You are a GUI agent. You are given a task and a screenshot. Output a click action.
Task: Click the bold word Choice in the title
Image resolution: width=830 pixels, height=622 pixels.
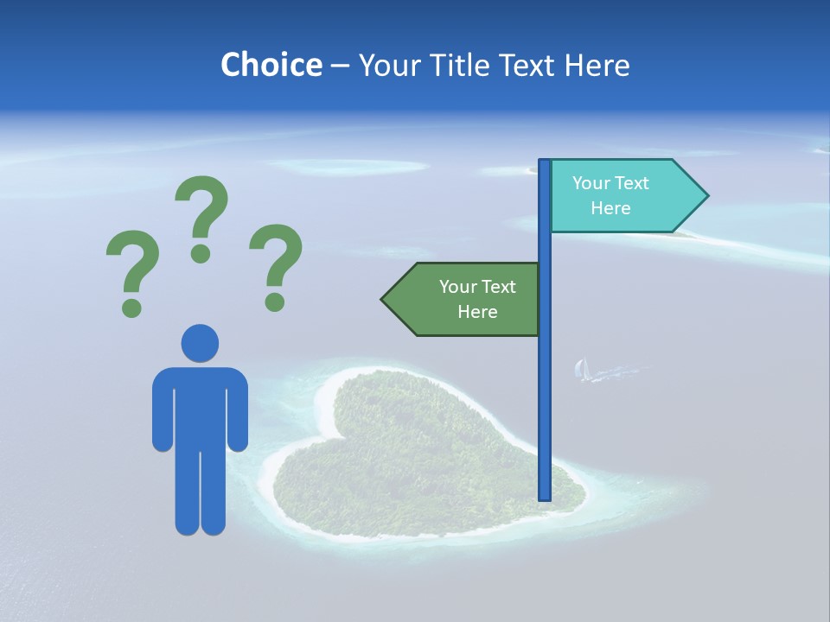pyautogui.click(x=271, y=65)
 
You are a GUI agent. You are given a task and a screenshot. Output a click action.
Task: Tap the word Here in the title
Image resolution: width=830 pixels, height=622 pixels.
pyautogui.click(x=597, y=65)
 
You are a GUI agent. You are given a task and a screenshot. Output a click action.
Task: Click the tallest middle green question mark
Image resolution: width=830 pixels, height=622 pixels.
pyautogui.click(x=201, y=216)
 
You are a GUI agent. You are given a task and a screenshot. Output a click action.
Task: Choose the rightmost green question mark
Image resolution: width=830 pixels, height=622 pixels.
pyautogui.click(x=276, y=264)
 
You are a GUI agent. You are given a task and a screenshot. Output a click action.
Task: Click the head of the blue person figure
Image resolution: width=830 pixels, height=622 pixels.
pyautogui.click(x=200, y=343)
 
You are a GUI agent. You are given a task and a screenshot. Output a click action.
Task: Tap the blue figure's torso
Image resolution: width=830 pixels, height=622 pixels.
pyautogui.click(x=200, y=406)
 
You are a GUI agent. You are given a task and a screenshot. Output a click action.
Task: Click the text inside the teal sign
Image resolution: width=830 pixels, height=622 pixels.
pyautogui.click(x=610, y=196)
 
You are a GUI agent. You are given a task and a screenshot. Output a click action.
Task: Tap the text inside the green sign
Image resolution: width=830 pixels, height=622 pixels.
pyautogui.click(x=477, y=299)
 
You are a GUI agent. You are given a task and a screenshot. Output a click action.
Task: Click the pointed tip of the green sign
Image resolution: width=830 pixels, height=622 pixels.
pyautogui.click(x=384, y=299)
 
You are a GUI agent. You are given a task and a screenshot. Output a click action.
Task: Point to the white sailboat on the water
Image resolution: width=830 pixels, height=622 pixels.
pyautogui.click(x=582, y=370)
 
